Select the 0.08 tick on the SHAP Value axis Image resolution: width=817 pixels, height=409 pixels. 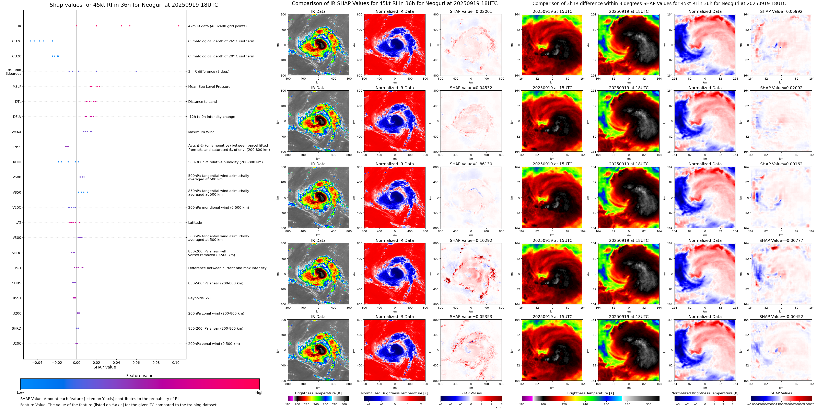pos(156,363)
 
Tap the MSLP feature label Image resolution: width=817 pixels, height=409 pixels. pos(17,87)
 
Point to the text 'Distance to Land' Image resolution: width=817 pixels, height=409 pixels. pos(202,102)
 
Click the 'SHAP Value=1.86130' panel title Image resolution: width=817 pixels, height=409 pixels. pos(471,164)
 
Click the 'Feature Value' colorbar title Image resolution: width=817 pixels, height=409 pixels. pos(140,376)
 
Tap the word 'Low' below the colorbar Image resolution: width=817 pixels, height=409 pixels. pos(20,393)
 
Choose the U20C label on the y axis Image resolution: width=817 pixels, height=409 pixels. pos(17,344)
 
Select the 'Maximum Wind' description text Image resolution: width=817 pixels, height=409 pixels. pos(201,132)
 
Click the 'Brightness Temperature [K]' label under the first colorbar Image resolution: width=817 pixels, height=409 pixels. pos(318,393)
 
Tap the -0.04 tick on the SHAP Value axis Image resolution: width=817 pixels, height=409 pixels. pos(37,363)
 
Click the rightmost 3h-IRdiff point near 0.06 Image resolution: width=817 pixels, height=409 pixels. pos(136,71)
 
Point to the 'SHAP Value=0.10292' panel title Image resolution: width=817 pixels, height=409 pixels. pos(471,240)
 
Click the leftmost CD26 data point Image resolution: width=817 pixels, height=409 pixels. pos(31,41)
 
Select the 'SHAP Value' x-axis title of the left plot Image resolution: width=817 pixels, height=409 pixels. pos(104,367)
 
